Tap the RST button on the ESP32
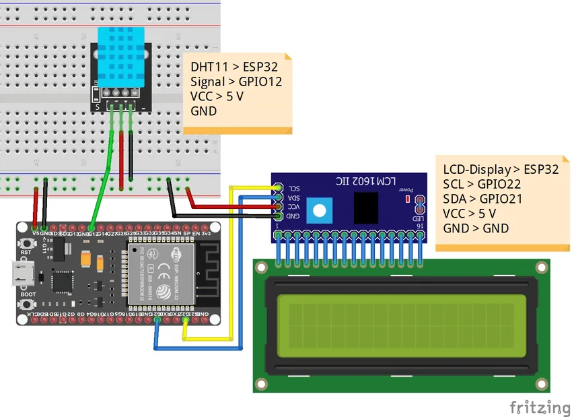[x=28, y=243]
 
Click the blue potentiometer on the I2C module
[x=319, y=211]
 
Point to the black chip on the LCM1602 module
[x=366, y=207]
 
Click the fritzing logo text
[x=539, y=407]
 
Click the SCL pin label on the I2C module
[x=293, y=188]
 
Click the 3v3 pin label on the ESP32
[x=207, y=233]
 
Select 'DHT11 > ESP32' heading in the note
[x=234, y=67]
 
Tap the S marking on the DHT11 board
[x=98, y=106]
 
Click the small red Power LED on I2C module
[x=406, y=199]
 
